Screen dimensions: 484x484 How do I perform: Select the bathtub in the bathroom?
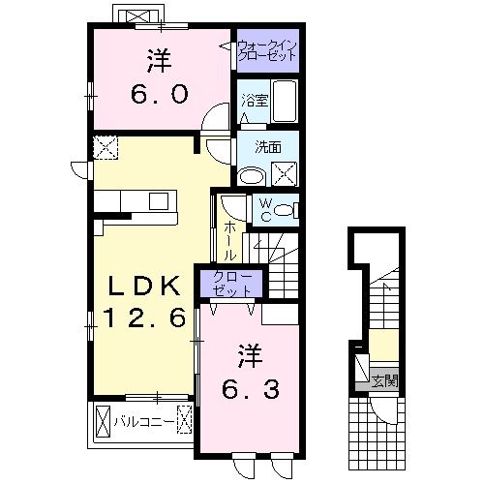point(286,102)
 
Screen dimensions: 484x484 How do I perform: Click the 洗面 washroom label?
point(268,147)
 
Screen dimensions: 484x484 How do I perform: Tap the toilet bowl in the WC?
point(287,210)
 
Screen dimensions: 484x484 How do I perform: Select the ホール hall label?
point(230,239)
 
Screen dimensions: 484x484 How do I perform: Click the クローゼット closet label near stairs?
point(231,284)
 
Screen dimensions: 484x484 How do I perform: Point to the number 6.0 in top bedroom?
point(160,97)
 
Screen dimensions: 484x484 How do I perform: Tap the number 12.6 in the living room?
point(144,318)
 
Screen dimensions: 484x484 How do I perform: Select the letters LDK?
point(143,287)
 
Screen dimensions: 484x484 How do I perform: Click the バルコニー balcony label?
point(144,421)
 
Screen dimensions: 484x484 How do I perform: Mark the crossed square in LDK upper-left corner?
point(105,147)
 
